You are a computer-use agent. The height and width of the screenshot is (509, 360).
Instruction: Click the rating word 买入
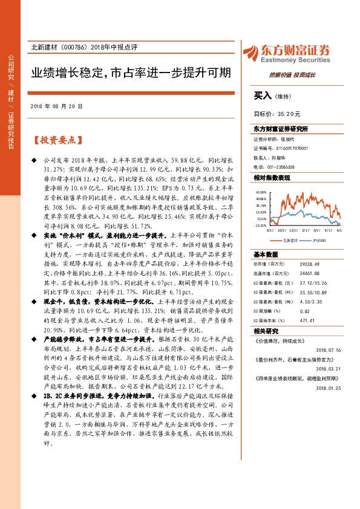(263, 95)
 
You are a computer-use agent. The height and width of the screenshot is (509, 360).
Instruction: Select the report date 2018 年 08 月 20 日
(56, 105)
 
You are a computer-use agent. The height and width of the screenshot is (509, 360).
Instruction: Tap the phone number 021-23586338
(281, 167)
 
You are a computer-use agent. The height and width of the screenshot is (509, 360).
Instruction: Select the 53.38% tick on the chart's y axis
(261, 190)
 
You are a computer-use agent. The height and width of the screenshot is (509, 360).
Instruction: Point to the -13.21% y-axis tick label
(261, 224)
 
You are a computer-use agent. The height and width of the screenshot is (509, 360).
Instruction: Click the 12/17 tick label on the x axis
(293, 230)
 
